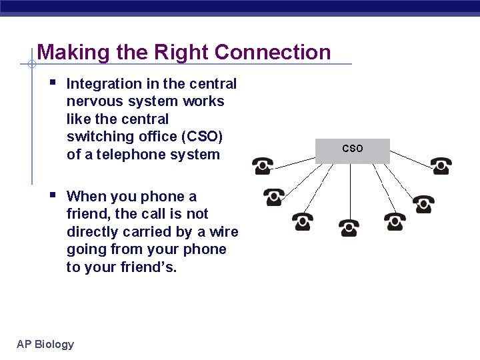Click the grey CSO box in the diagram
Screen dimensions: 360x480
352,151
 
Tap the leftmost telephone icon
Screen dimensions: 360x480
262,165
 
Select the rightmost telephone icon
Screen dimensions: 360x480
441,165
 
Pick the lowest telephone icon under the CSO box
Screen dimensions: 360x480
348,228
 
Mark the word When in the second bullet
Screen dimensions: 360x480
86,196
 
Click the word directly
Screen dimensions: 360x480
93,232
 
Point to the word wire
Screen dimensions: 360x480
225,232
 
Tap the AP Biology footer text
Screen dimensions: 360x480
45,344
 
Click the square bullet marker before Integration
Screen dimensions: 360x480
53,83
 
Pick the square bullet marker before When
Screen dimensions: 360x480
53,195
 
